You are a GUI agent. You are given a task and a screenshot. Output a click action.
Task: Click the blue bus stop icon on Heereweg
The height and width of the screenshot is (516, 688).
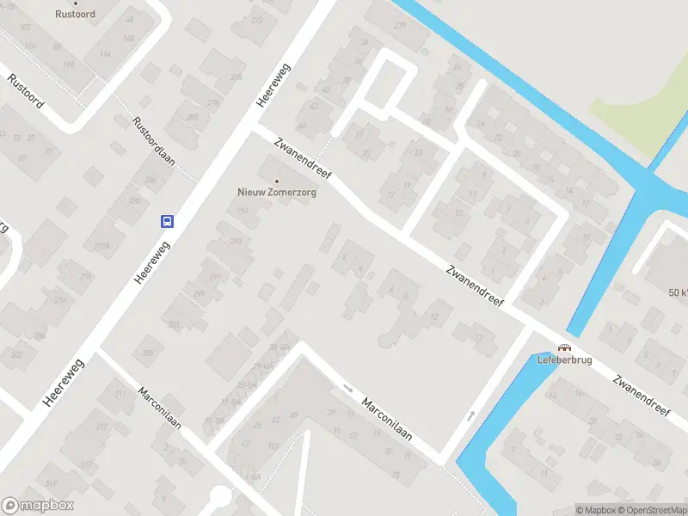pos(167,221)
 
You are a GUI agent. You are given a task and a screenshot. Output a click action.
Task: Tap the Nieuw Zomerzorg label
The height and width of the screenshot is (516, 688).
pos(277,193)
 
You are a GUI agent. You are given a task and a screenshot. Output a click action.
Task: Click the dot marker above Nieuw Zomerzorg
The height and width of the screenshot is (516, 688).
pos(276,181)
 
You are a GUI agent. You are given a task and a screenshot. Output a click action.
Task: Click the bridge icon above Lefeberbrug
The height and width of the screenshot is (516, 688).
pos(564,347)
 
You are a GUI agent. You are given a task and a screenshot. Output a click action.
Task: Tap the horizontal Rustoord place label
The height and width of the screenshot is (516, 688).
pos(74,15)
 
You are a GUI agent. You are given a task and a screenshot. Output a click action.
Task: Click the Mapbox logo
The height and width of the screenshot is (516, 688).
pos(38,505)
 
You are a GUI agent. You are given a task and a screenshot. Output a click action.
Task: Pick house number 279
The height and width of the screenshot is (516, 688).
pos(399,25)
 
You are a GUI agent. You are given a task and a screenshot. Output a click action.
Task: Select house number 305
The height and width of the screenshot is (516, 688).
pos(148,353)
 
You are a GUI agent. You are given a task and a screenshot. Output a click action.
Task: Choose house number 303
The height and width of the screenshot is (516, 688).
pos(175,324)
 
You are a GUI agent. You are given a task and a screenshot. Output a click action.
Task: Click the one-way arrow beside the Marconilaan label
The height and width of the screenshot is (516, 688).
pos(347,388)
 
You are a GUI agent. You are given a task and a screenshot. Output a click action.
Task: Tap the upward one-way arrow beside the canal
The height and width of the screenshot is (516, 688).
pos(470,416)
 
